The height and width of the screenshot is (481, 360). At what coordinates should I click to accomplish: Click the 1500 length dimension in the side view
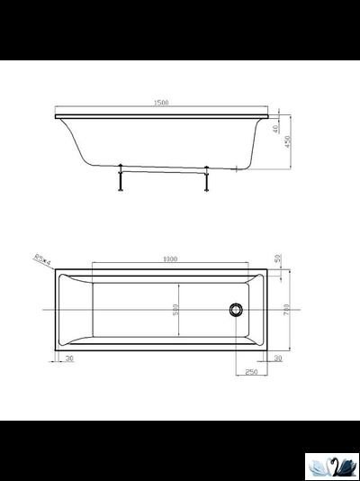pyautogui.click(x=162, y=103)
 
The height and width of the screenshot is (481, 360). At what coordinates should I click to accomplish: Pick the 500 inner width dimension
pyautogui.click(x=176, y=308)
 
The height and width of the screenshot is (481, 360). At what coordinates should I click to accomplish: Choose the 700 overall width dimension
pyautogui.click(x=287, y=309)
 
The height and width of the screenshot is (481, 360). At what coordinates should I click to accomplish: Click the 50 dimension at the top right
pyautogui.click(x=278, y=259)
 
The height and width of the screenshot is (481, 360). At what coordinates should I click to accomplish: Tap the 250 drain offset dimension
pyautogui.click(x=251, y=370)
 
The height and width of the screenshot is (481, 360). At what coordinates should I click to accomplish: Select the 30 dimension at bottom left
pyautogui.click(x=70, y=358)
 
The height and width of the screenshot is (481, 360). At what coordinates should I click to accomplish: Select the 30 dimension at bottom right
pyautogui.click(x=278, y=358)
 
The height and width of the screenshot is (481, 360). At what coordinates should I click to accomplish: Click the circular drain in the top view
pyautogui.click(x=236, y=309)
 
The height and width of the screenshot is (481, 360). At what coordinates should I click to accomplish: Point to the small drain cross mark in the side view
pyautogui.click(x=237, y=168)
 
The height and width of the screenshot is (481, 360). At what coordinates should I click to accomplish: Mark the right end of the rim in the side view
pyautogui.click(x=267, y=115)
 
